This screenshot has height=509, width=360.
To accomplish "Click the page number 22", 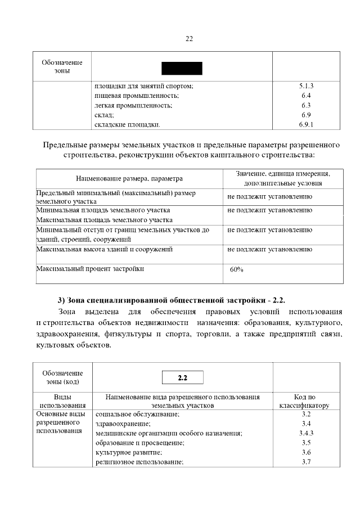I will pos(189,38).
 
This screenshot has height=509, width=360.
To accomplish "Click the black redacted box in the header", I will pos(182,69).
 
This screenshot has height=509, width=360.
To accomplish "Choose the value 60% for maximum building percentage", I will pos(237,269).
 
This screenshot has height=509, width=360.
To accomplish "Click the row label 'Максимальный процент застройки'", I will pos(90,269).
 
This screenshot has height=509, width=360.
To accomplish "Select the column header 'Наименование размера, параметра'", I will pos(129,178).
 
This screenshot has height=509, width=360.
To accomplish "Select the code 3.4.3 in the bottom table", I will pos(306,433).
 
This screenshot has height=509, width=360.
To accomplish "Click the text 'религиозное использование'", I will pos(139,462).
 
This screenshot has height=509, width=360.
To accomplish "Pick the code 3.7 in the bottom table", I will pos(306,462).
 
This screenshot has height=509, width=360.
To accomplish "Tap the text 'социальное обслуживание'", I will pos(137,414).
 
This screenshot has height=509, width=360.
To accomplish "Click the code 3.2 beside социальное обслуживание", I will pos(306,414).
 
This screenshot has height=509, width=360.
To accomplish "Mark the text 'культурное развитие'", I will pos(129,452).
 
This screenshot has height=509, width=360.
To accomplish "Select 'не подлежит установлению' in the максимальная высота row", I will pos(270,249).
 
